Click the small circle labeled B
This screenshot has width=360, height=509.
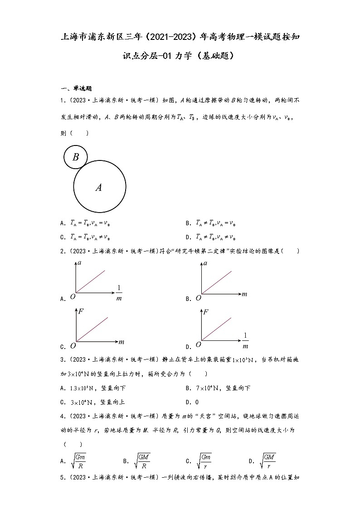pyautogui.click(x=76, y=157)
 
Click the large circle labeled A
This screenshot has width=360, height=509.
pyautogui.click(x=99, y=187)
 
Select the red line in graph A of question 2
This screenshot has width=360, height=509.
pyautogui.click(x=91, y=281)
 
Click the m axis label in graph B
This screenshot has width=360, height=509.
pyautogui.click(x=244, y=294)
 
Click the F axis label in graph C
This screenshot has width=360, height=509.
pyautogui.click(x=81, y=311)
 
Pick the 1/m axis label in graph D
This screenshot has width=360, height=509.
pyautogui.click(x=245, y=341)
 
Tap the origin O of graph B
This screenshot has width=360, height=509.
pyautogui.click(x=198, y=298)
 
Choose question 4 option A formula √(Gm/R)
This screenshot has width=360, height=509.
pyautogui.click(x=79, y=461)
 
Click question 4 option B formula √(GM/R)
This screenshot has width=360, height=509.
pyautogui.click(x=142, y=461)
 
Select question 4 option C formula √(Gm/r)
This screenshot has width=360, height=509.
pyautogui.click(x=204, y=461)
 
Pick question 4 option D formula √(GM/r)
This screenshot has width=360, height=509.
pyautogui.click(x=268, y=461)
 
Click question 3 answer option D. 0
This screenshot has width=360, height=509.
pyautogui.click(x=192, y=402)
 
